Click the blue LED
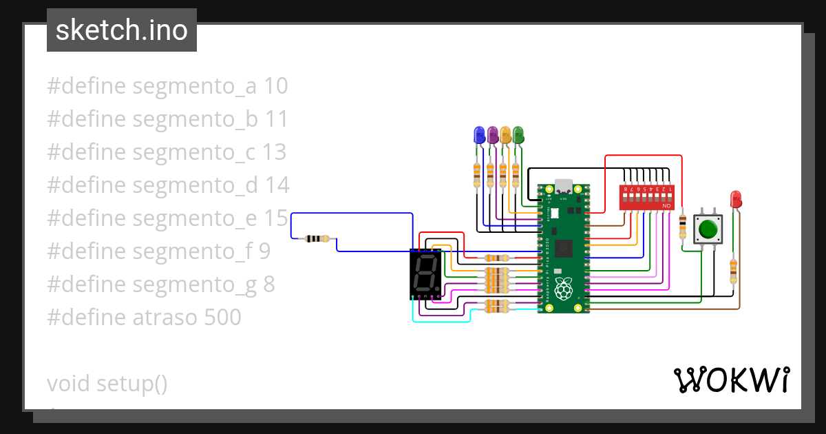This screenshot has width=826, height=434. click(479, 134)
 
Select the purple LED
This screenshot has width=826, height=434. click(492, 134)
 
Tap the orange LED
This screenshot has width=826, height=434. click(505, 134)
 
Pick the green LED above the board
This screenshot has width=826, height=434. click(518, 134)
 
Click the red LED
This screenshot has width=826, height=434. click(736, 199)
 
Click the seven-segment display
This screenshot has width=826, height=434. click(425, 275)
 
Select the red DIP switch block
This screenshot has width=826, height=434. click(646, 196)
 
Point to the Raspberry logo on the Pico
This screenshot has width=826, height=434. click(564, 289)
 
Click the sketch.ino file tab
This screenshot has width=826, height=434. click(122, 30)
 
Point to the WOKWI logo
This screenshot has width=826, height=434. click(731, 380)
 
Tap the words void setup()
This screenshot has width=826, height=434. click(107, 384)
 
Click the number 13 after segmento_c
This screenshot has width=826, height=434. click(275, 152)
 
